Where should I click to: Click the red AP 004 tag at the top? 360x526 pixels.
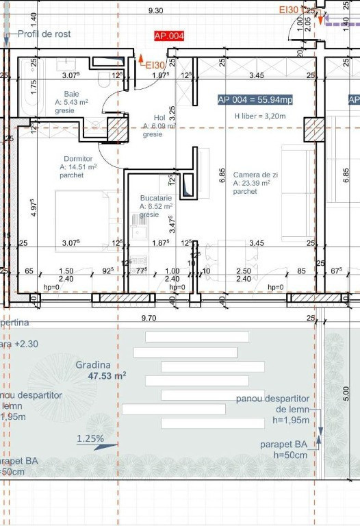169,36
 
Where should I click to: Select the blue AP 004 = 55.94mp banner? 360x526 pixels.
255,100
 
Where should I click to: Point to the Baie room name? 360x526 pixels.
71,94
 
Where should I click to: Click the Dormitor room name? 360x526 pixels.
77,158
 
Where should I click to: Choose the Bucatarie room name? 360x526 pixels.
155,197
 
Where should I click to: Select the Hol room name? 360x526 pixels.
150,118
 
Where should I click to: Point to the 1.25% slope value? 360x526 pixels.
90,438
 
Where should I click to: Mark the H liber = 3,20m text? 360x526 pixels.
260,116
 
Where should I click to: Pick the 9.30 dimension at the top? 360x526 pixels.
155,10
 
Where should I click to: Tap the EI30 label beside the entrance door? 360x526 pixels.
155,65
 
